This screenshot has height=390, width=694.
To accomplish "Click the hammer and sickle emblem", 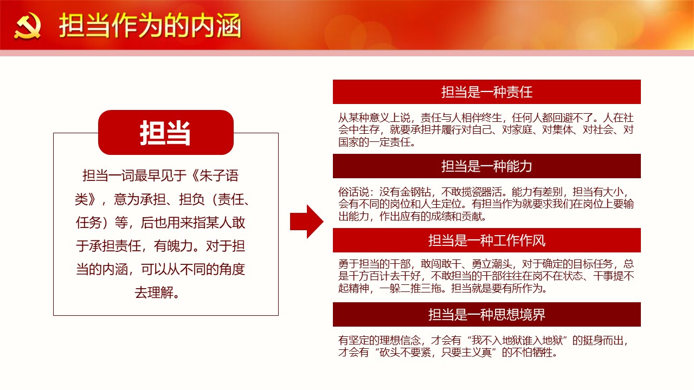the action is [x=27, y=27].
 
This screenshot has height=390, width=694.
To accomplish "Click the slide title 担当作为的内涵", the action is [x=150, y=25].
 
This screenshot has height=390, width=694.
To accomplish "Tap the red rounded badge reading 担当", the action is [x=166, y=133].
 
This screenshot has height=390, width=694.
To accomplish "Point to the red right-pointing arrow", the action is [x=307, y=222].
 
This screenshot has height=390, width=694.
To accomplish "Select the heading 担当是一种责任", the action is [x=487, y=92].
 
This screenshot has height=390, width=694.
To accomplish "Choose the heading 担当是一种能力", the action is [x=487, y=166].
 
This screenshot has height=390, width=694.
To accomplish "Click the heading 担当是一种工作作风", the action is [x=487, y=240].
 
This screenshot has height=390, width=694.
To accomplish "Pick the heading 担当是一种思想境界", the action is [x=487, y=315].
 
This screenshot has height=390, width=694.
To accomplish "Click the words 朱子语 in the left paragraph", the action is [x=219, y=175].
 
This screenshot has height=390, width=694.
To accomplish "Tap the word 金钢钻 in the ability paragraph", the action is [x=415, y=192].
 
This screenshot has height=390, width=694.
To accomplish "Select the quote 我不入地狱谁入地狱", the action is [x=517, y=340].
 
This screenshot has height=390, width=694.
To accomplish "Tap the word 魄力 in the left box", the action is [x=181, y=246].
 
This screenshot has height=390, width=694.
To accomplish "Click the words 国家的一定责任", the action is [x=374, y=142].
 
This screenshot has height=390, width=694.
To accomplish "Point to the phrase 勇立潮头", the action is [x=492, y=264].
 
